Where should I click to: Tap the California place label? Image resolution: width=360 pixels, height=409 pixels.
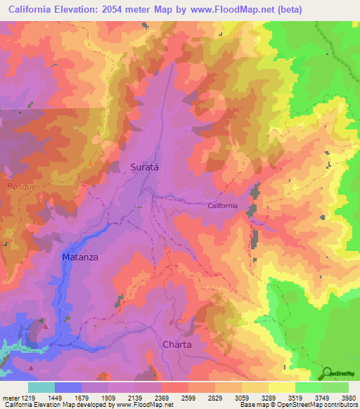[223, 206]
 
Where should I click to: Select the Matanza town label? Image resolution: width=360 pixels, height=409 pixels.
[79, 257]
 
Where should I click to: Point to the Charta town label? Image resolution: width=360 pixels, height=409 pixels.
[176, 344]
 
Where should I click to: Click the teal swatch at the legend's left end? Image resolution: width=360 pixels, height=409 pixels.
[41, 387]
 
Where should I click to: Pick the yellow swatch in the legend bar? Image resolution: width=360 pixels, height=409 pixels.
[281, 387]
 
